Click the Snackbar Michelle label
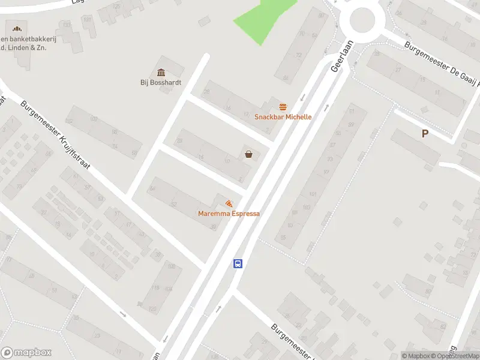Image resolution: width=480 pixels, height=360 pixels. point(283,117)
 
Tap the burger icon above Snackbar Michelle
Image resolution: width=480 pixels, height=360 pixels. point(283,106)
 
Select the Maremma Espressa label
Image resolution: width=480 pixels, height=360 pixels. point(229,214)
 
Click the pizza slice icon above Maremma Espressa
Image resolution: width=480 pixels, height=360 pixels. point(229,204)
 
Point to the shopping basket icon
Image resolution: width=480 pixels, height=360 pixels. point(248,154)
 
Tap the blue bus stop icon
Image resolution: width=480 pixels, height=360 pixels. point(238,263)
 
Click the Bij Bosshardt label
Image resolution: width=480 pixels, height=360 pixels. point(161,83)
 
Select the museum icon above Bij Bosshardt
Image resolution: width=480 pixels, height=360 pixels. point(161,73)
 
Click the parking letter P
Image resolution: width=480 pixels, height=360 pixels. point(425,134)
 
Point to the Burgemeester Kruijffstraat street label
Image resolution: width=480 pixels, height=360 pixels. point(55,134)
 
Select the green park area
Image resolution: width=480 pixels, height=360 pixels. point(263,18)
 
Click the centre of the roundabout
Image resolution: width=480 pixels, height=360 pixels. point(362,20)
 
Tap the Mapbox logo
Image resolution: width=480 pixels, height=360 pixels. point(26,353)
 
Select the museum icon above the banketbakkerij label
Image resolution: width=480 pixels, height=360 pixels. point(16,28)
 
